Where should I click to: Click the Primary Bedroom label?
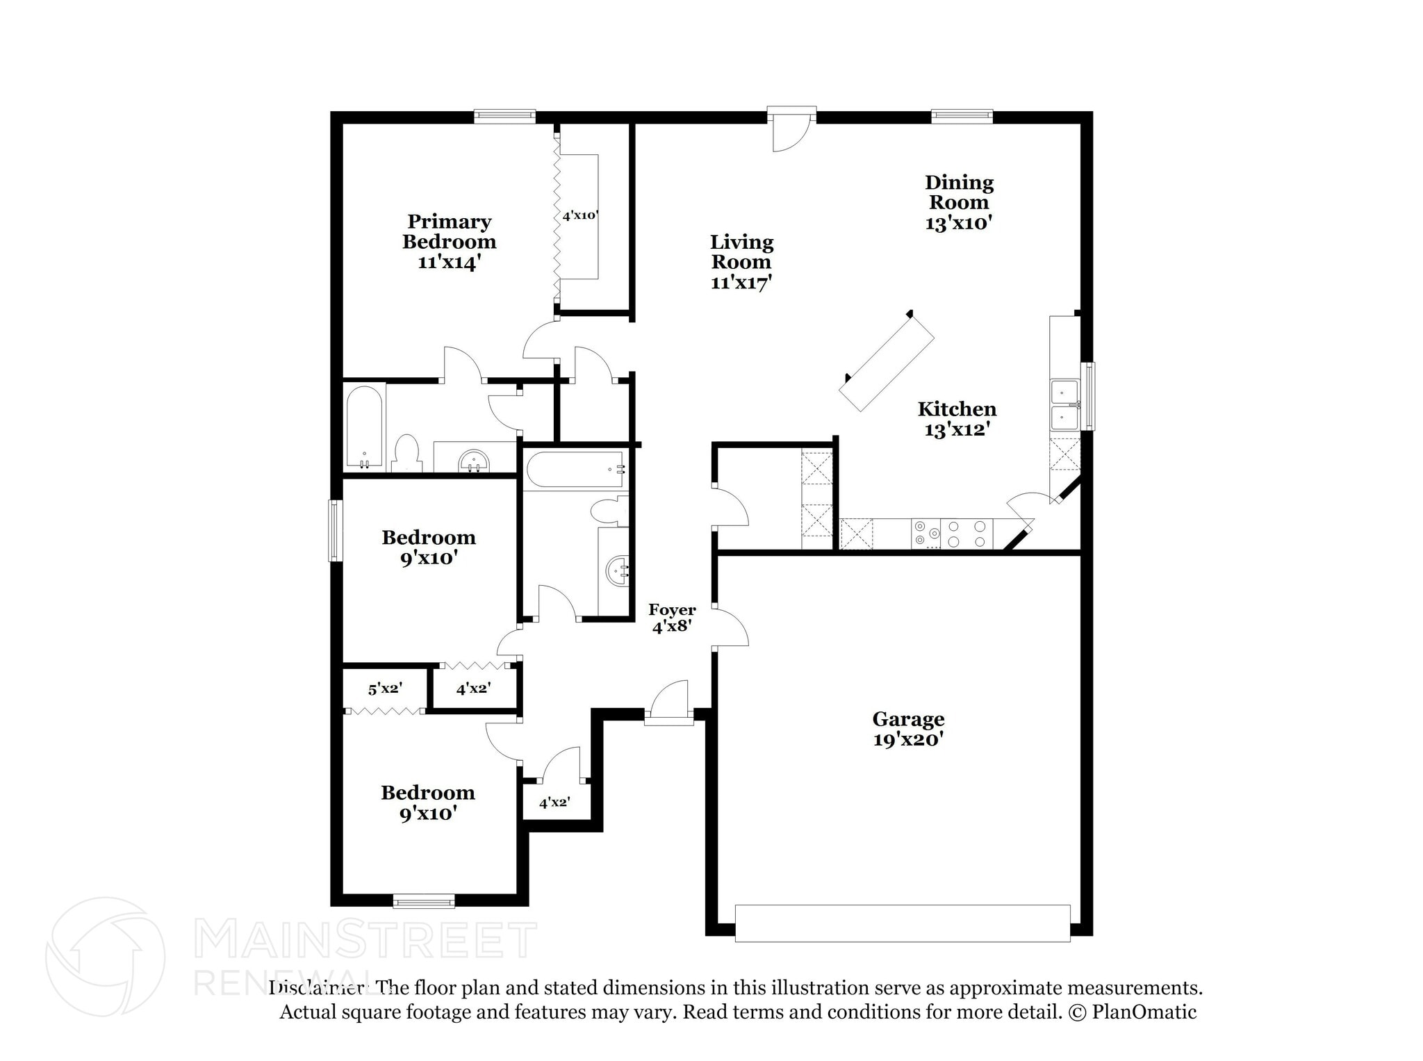pyautogui.click(x=449, y=231)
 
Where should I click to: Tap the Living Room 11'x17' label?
pyautogui.click(x=741, y=262)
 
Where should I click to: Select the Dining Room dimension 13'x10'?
pyautogui.click(x=958, y=223)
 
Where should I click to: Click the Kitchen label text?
pyautogui.click(x=957, y=409)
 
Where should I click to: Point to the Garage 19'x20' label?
pyautogui.click(x=908, y=729)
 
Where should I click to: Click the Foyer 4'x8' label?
pyautogui.click(x=672, y=618)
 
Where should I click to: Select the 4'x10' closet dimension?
pyautogui.click(x=579, y=215)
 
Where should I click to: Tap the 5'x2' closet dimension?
pyautogui.click(x=385, y=689)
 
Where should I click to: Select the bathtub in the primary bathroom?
pyautogui.click(x=364, y=426)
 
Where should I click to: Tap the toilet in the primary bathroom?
pyautogui.click(x=406, y=454)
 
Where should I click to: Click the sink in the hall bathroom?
pyautogui.click(x=617, y=571)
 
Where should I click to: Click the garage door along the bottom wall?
pyautogui.click(x=902, y=923)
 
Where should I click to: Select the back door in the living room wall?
pyautogui.click(x=791, y=115)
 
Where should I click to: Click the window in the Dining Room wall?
pyautogui.click(x=962, y=116)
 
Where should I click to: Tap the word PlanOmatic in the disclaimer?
pyautogui.click(x=1144, y=1012)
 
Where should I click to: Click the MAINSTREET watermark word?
pyautogui.click(x=364, y=939)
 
